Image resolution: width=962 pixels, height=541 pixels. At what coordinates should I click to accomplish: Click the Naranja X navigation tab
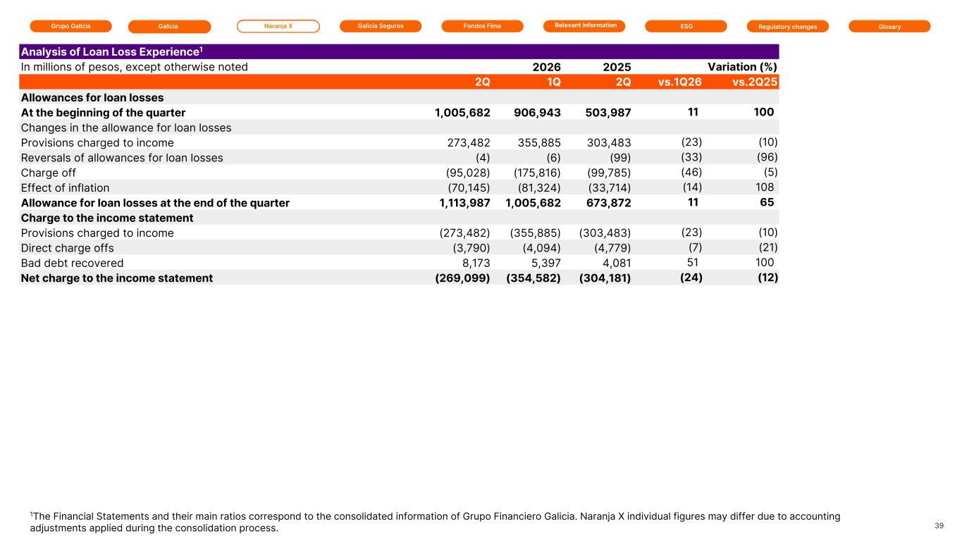tap(278, 26)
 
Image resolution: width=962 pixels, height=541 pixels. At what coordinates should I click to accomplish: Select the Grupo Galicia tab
tap(71, 26)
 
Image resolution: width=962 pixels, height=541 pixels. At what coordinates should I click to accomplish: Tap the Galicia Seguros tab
tap(381, 26)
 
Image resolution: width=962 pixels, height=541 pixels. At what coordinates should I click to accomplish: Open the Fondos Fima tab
tap(482, 26)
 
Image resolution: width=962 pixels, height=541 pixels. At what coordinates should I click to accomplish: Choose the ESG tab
tap(686, 26)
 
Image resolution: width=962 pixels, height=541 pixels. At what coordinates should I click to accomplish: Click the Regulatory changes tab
tap(788, 27)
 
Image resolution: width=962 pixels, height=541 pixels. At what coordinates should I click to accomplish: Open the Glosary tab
tap(889, 27)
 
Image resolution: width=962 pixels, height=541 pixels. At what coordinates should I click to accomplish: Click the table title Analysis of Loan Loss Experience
tap(111, 52)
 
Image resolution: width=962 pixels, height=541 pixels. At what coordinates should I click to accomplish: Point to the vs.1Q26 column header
tap(680, 82)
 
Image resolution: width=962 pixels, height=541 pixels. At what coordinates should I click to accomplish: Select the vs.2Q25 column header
tap(755, 82)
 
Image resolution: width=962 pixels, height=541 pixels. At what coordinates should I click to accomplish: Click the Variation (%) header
tap(743, 67)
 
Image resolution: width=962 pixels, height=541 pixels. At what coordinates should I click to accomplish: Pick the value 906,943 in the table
tap(537, 113)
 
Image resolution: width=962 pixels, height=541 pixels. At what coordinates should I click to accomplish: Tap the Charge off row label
tap(48, 173)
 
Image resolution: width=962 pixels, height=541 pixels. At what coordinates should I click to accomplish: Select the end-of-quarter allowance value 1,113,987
tap(464, 203)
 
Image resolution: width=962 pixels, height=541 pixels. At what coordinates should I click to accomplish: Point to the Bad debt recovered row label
tap(72, 263)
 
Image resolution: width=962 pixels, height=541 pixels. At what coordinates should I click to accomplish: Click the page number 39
tap(939, 526)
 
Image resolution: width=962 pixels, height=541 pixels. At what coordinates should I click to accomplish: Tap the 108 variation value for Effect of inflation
tap(765, 187)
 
